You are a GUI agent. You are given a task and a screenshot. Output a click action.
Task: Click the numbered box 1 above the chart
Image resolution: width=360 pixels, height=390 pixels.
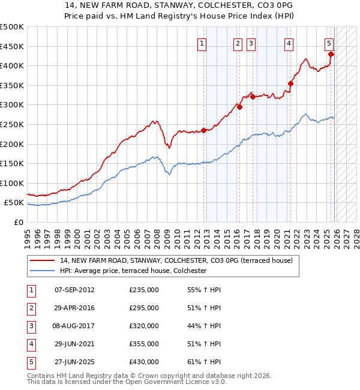(202, 43)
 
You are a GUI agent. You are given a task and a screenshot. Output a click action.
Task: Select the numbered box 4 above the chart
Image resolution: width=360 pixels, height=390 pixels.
(289, 43)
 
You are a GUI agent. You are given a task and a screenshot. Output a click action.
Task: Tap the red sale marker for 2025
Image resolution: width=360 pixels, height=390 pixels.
(331, 54)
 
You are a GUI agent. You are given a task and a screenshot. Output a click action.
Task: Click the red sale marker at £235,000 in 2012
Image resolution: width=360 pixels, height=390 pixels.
(203, 130)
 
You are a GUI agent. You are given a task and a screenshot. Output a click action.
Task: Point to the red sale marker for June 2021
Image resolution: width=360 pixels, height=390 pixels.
(290, 83)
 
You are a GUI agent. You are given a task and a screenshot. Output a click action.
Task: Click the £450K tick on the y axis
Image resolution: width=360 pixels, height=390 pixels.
(12, 46)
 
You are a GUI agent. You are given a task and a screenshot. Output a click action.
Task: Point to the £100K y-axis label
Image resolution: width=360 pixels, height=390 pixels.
(12, 183)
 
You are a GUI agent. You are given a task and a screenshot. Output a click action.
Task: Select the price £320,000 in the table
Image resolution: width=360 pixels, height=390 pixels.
(144, 326)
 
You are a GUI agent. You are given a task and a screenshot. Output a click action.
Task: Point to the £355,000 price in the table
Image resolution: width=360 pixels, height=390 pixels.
(144, 344)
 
